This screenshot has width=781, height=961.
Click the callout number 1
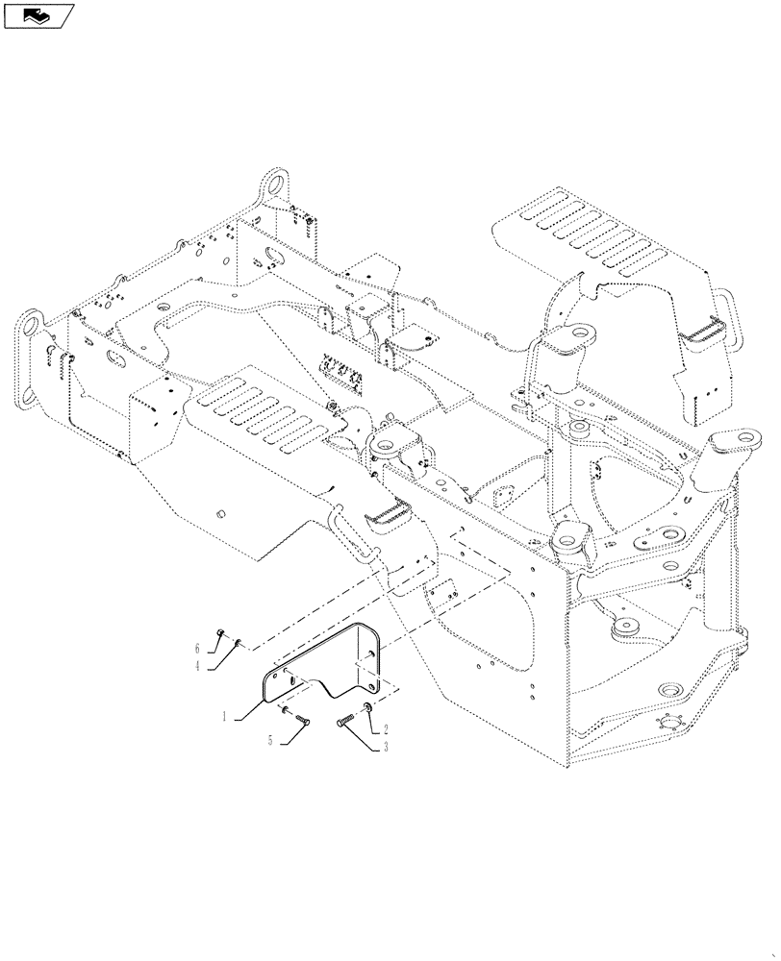(225, 716)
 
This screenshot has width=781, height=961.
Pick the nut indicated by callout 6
(221, 632)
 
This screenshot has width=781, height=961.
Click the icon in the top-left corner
(38, 14)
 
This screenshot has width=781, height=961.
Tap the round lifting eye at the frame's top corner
(275, 183)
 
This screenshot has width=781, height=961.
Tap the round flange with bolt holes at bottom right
(664, 694)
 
